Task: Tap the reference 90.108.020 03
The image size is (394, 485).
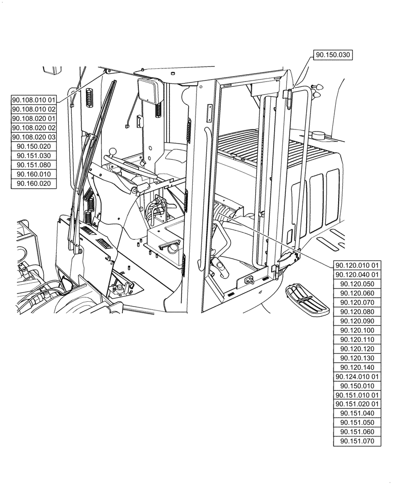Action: (x=34, y=137)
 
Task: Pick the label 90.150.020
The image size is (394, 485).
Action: (x=34, y=146)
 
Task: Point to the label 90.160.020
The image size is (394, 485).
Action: (x=34, y=183)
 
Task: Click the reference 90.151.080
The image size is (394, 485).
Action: (x=34, y=165)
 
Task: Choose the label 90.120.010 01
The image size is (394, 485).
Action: (x=358, y=265)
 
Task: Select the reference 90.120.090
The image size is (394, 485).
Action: (x=358, y=321)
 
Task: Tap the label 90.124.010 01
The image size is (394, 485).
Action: (x=358, y=376)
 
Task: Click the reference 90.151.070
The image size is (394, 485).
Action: (x=358, y=441)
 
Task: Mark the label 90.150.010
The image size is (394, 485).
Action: (x=358, y=386)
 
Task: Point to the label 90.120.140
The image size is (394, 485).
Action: (x=358, y=367)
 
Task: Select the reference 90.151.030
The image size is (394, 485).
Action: (x=34, y=156)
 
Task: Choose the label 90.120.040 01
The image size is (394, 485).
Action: (x=358, y=275)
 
